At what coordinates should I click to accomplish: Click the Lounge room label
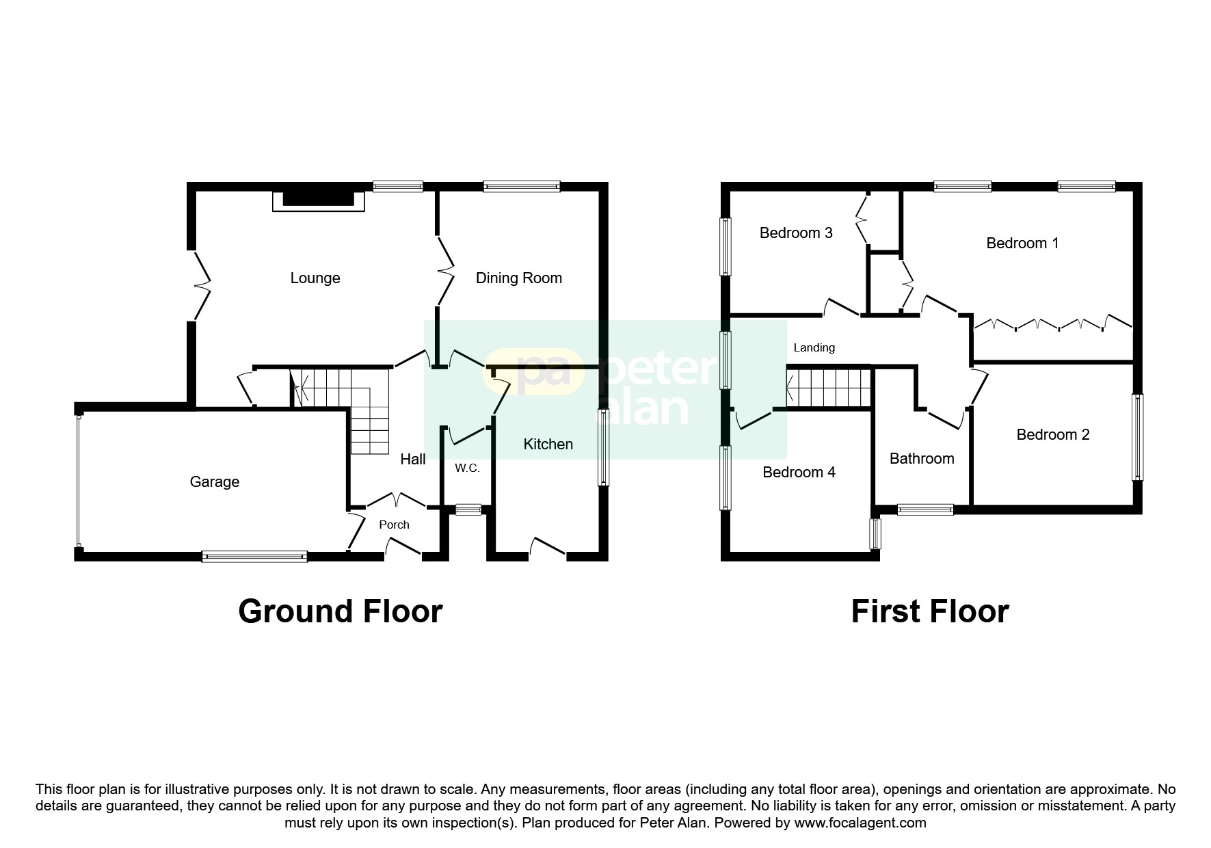tap(315, 278)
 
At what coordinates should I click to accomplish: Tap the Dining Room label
tap(518, 278)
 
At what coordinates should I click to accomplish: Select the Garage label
tap(214, 482)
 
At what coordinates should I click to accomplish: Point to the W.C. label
tap(467, 468)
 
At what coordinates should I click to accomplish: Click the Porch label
tap(394, 525)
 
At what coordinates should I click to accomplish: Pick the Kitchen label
tap(548, 445)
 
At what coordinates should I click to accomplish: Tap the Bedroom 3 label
tap(796, 233)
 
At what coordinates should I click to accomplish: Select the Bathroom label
tap(921, 459)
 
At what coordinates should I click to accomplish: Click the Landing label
tap(814, 347)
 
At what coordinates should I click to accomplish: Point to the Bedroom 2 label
tap(1052, 435)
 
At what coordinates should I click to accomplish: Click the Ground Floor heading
tap(340, 611)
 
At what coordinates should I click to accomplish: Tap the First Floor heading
tap(929, 611)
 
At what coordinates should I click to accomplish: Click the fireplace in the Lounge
tap(319, 199)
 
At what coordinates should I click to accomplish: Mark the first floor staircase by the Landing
tap(828, 388)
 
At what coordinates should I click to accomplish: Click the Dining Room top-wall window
tap(521, 186)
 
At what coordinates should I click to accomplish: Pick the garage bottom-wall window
tap(254, 557)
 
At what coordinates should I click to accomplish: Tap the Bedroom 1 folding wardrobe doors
tap(1052, 323)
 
